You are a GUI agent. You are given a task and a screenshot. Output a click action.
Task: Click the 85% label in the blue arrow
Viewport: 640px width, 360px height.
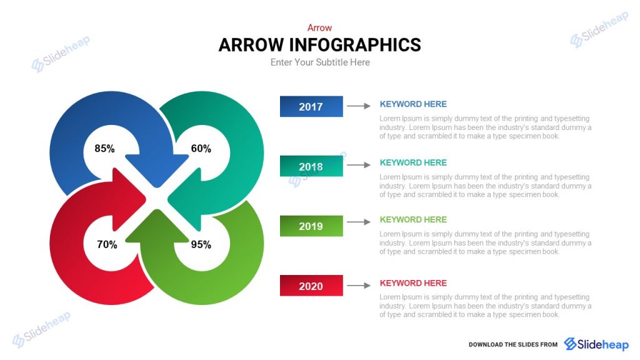[104, 149]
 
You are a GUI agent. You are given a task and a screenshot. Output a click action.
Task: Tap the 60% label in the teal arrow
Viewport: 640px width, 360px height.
[201, 149]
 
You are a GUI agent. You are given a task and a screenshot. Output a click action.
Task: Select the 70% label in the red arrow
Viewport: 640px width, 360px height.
[107, 244]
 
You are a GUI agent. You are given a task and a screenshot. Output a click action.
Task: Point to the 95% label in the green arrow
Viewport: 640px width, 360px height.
[201, 244]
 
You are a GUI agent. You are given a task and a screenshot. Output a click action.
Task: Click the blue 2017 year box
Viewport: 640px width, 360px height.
[311, 106]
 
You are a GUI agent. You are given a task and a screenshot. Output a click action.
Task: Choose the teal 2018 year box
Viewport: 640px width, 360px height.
[311, 166]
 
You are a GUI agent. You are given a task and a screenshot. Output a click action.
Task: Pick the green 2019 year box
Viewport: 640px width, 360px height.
[311, 226]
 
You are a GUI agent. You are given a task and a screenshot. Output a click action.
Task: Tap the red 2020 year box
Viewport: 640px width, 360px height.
[311, 286]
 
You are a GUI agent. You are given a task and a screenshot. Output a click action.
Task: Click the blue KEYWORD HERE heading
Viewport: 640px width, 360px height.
[413, 104]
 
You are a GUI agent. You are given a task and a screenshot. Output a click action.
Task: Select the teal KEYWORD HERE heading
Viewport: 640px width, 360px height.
[413, 162]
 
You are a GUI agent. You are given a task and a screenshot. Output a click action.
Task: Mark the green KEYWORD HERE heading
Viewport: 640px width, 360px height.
[413, 219]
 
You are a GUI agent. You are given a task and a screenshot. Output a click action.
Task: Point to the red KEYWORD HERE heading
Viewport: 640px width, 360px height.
[413, 283]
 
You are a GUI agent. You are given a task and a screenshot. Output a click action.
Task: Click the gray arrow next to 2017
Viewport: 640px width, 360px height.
[359, 106]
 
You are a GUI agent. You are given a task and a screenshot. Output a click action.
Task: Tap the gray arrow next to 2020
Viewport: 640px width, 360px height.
[359, 286]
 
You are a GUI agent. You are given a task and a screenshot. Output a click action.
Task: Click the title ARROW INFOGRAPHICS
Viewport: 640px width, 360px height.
[319, 45]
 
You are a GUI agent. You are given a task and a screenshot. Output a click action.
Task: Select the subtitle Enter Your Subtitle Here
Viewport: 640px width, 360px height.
[320, 62]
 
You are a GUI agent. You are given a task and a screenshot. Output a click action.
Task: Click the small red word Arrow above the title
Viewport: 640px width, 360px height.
[319, 27]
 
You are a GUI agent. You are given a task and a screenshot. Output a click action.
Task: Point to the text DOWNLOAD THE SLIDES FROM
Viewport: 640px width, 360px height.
[512, 344]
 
